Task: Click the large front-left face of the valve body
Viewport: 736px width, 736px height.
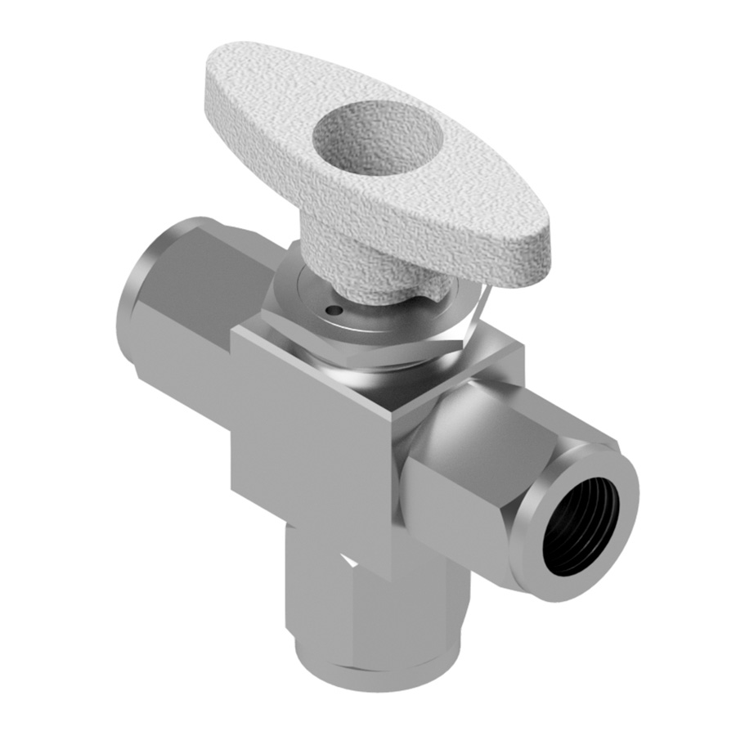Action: pos(311,442)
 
